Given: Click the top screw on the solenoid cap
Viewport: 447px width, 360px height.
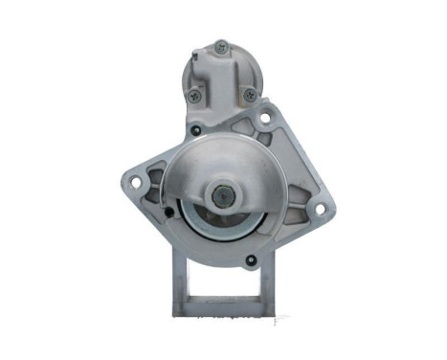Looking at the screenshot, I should [221, 45].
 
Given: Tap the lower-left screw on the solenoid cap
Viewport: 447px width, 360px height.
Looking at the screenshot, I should [194, 95].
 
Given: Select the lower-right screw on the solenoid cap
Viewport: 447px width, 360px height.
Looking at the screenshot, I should [250, 95].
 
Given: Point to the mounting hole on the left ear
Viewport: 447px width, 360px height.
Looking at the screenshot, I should [135, 181].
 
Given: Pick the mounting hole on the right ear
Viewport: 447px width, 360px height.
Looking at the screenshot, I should [318, 204].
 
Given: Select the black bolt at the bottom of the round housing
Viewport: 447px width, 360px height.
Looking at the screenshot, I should [252, 258].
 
